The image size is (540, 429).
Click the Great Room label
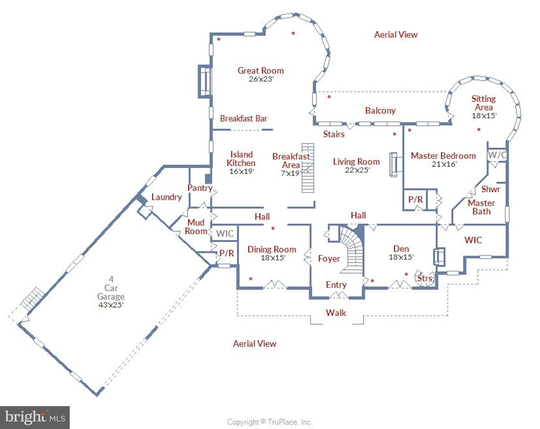click(x=261, y=71)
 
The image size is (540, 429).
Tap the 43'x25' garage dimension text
click(x=111, y=305)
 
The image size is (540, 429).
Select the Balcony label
click(x=380, y=111)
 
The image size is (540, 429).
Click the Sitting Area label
click(x=483, y=103)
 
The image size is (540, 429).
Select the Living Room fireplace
click(x=394, y=165)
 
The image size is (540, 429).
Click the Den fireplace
click(x=438, y=256)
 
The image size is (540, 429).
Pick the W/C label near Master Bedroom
click(x=496, y=154)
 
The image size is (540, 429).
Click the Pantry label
click(x=200, y=188)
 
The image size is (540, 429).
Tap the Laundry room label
click(x=166, y=197)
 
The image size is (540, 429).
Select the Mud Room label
click(x=196, y=227)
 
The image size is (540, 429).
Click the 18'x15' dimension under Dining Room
click(x=273, y=258)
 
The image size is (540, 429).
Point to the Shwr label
click(x=490, y=189)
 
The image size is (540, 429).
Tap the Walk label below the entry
click(x=336, y=313)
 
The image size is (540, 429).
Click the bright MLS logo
click(x=35, y=418)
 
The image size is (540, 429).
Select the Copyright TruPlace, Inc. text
click(x=269, y=422)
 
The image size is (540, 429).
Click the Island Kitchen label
click(x=241, y=159)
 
